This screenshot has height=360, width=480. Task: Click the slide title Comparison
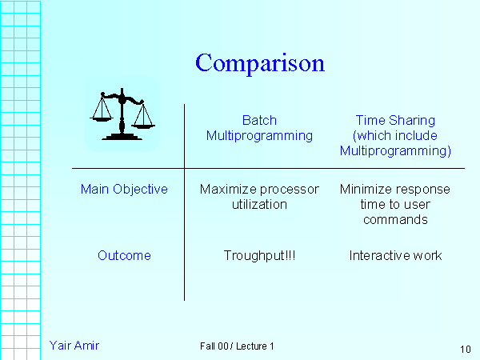tap(260, 63)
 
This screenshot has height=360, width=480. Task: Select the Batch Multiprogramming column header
tap(259, 128)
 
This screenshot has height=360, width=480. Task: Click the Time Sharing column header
tap(395, 135)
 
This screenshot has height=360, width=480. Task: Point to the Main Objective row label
tap(124, 190)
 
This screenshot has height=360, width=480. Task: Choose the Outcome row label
tap(124, 256)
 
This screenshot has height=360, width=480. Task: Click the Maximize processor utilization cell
tap(259, 197)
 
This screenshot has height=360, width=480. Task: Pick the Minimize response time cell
tap(395, 204)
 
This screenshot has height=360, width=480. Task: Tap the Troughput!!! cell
tap(259, 256)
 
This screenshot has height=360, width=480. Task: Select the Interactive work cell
tap(395, 256)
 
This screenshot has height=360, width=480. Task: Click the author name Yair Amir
tap(74, 345)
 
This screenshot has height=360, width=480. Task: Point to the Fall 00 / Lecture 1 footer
tap(237, 346)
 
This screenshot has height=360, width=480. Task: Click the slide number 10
tap(466, 349)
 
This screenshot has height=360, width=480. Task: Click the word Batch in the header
tap(259, 121)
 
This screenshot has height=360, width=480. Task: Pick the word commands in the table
tap(395, 219)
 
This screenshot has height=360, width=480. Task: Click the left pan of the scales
tap(102, 115)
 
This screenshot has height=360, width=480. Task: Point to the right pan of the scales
tap(143, 123)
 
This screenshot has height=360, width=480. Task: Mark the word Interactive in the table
tap(378, 256)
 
